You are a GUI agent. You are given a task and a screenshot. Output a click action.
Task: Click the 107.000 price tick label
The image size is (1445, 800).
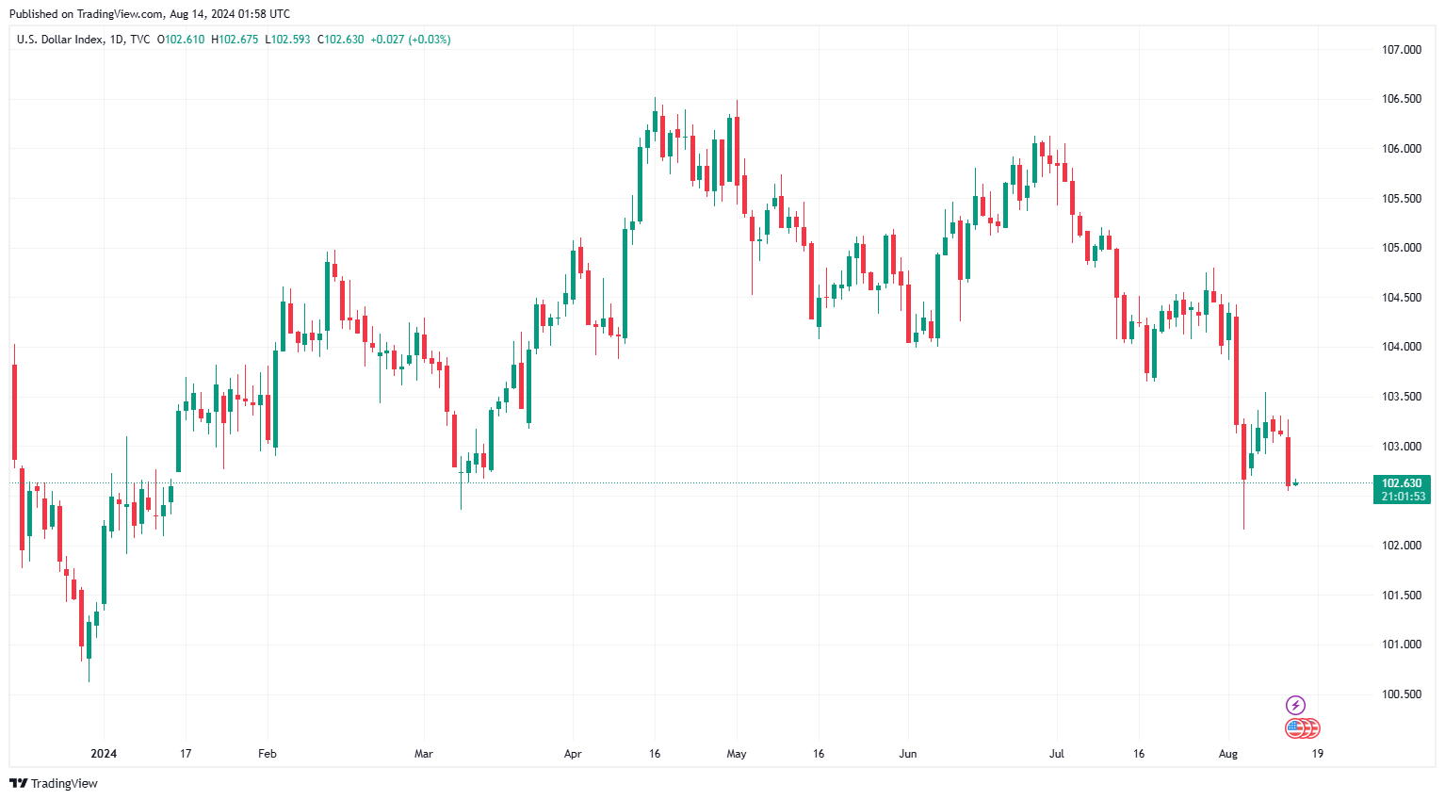point(1401,50)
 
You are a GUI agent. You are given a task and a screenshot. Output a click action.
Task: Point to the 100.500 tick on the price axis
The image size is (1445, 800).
point(1401,694)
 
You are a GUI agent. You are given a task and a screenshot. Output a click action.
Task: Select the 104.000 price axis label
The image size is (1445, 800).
point(1401,347)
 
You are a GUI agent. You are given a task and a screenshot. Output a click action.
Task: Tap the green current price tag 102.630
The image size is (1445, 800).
point(1402,483)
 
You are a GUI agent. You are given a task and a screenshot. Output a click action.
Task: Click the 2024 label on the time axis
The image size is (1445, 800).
point(104,754)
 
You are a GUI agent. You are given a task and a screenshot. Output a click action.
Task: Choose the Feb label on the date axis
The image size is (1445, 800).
point(268,754)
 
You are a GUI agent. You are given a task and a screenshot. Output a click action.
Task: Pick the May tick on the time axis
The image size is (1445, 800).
point(737,754)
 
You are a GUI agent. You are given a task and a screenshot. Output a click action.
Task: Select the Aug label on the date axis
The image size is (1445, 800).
point(1227,754)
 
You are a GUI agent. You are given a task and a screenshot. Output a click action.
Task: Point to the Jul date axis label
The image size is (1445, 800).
point(1057,754)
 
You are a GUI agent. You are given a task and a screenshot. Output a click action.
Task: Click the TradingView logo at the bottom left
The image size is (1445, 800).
point(54,784)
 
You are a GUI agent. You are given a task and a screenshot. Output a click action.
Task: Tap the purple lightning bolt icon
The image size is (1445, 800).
point(1295,705)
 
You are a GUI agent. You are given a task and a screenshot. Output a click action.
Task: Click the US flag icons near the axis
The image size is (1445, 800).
point(1303,728)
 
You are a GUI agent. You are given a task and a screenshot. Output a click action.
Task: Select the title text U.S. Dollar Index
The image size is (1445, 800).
point(59,40)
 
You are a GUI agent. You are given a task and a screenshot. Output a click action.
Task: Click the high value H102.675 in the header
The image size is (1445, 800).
point(235,40)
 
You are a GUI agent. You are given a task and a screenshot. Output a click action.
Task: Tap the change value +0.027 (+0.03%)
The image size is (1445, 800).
point(410,40)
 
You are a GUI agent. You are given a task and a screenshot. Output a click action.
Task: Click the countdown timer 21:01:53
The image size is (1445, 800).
point(1403,497)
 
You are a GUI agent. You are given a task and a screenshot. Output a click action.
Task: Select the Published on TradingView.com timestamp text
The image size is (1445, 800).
point(150,14)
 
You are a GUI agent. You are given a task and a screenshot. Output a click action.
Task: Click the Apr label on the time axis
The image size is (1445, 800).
point(573,754)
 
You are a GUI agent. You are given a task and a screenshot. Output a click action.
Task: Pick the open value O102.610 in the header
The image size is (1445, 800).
point(181,40)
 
